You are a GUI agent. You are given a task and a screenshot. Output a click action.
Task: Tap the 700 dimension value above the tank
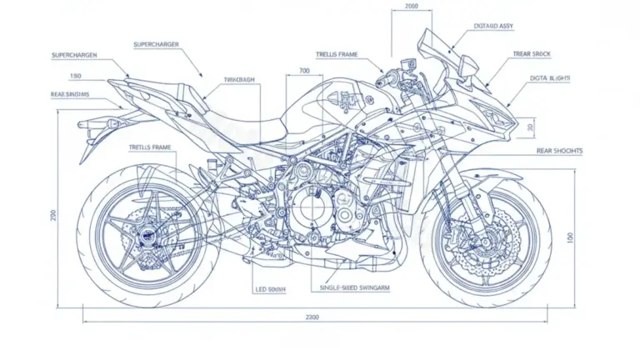[303, 72]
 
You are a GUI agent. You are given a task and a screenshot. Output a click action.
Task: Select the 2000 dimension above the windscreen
[411, 6]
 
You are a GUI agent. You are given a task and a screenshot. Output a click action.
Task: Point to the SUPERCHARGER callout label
[157, 43]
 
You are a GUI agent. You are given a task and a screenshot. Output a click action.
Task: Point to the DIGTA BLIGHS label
[551, 78]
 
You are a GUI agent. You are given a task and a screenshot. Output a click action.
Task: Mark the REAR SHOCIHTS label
[559, 151]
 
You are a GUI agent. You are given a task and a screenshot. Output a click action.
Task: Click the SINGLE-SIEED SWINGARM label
[355, 287]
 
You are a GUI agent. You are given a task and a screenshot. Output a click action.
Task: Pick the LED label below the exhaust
[270, 289]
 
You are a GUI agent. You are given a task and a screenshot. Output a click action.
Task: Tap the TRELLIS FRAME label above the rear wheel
[150, 147]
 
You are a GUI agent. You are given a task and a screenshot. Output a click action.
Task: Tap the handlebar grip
[388, 80]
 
